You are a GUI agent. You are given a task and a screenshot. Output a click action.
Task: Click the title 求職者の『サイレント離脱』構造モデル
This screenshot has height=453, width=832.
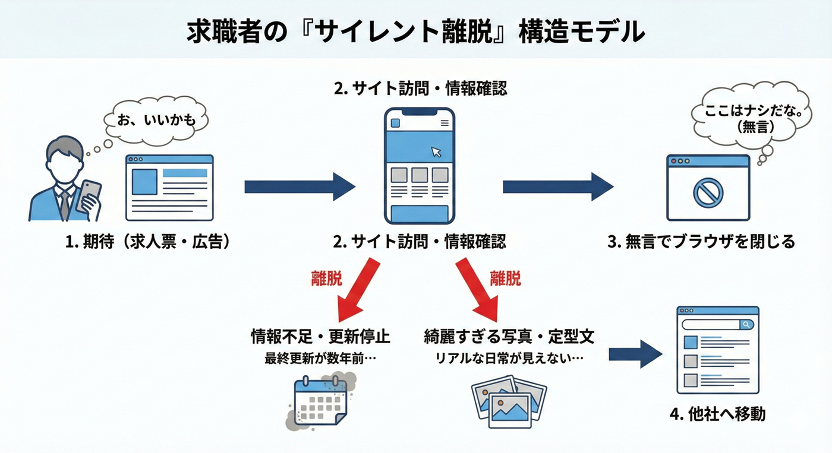tap(415, 31)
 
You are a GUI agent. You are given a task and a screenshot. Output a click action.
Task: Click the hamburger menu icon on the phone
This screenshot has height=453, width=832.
tap(445, 123)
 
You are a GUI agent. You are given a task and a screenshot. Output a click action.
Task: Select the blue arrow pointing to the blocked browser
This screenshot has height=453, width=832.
tap(557, 187)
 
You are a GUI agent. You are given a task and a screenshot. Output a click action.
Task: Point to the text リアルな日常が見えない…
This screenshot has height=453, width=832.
tap(509, 359)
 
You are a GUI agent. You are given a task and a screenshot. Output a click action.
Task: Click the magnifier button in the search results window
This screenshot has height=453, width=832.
tap(746, 324)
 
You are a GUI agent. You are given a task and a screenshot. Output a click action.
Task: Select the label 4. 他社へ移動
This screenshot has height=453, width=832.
tap(718, 414)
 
